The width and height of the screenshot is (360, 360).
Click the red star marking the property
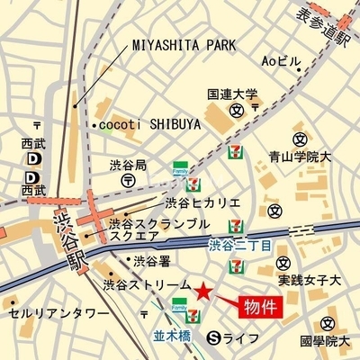[205, 292]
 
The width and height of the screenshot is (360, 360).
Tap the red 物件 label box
[264, 307]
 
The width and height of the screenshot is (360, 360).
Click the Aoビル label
[280, 61]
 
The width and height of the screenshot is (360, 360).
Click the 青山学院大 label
[300, 156]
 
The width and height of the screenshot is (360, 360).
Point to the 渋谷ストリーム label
[147, 284]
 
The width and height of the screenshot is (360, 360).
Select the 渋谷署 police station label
[151, 262]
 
